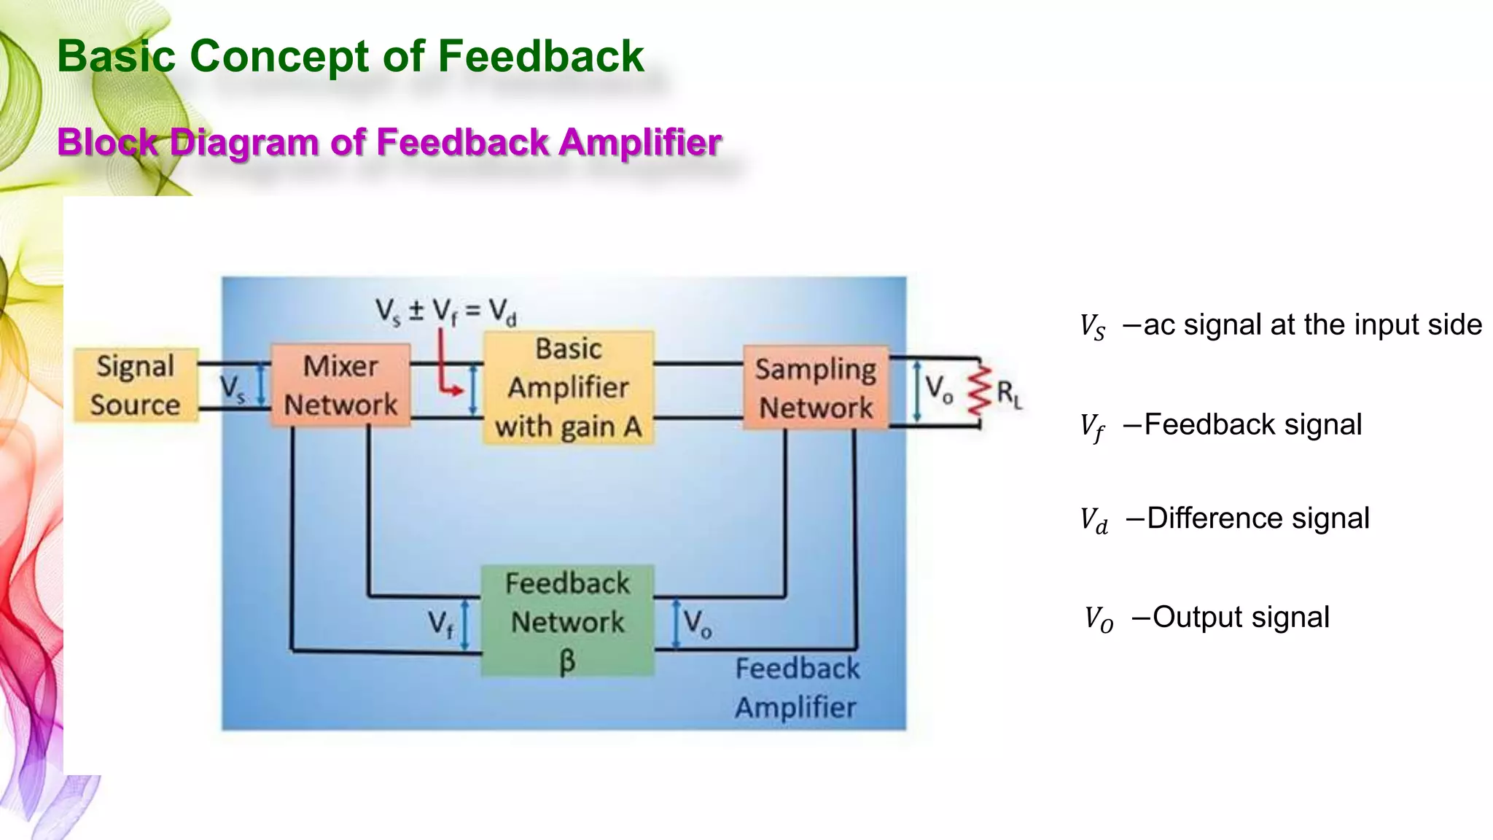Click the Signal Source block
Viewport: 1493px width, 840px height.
click(x=136, y=386)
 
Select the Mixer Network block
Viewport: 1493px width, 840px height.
click(x=340, y=386)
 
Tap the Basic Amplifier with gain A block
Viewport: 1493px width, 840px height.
click(x=569, y=388)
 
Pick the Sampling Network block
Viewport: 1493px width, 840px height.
click(x=816, y=389)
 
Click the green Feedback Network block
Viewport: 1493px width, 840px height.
click(x=567, y=621)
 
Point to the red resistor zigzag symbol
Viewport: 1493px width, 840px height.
click(x=979, y=392)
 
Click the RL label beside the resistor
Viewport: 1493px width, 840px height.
click(x=1009, y=394)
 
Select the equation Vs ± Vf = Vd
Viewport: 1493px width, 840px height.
click(x=446, y=311)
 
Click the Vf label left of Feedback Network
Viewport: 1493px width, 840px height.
click(x=440, y=623)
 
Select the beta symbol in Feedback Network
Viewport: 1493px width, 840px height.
click(x=567, y=661)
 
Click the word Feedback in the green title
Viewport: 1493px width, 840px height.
click(x=540, y=56)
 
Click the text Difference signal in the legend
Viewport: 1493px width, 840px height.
click(x=1258, y=518)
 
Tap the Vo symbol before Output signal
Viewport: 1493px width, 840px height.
click(x=1098, y=619)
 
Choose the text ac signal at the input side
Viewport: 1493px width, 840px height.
click(x=1312, y=324)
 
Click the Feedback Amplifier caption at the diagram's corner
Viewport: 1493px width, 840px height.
click(x=796, y=688)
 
